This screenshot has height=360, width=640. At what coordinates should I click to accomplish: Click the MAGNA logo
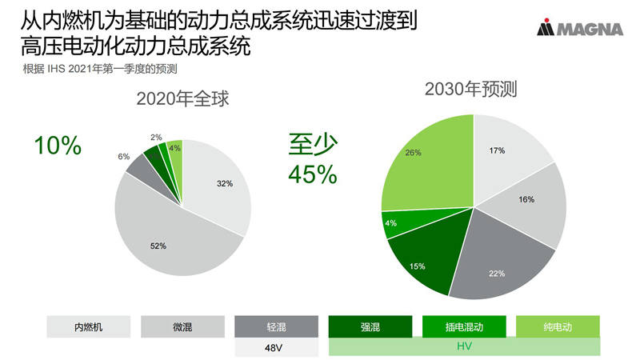580,30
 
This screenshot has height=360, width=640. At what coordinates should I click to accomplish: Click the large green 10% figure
57,146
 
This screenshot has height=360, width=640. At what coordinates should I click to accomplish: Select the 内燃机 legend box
88,326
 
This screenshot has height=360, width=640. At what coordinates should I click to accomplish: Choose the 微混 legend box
182,326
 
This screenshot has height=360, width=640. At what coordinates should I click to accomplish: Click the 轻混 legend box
277,326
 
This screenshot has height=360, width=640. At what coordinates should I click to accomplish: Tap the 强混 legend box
370,326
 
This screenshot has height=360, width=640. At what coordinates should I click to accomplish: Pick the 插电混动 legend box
465,326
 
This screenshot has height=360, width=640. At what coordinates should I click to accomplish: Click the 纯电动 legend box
558,326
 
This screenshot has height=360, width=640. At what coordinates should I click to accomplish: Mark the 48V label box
277,348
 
